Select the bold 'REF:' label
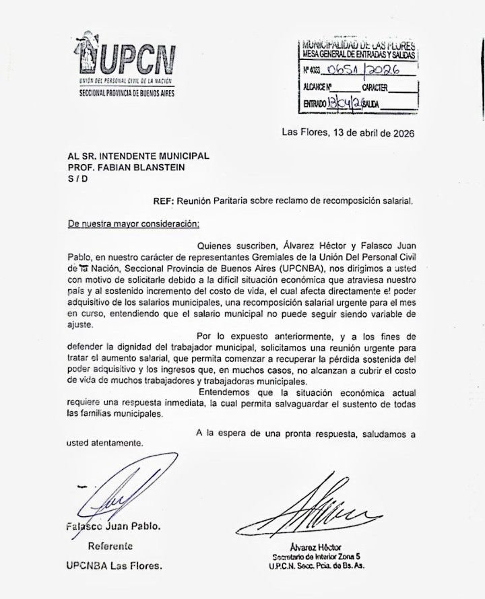coord(165,200)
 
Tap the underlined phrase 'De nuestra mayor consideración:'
coord(133,223)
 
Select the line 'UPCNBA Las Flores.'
coord(115,566)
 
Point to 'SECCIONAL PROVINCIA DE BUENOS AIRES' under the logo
coord(127,92)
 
